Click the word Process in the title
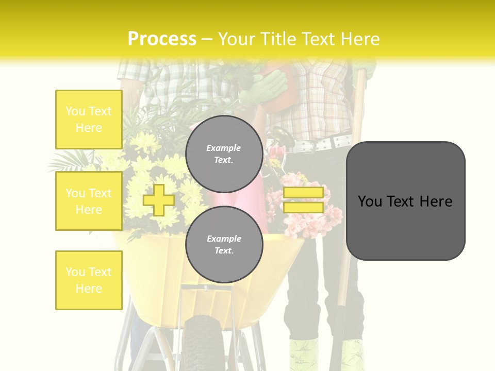[x=162, y=39]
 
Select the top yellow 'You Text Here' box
[x=89, y=120]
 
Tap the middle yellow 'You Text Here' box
[x=89, y=201]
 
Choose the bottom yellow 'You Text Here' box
[x=89, y=280]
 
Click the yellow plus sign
[x=158, y=200]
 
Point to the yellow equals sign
[x=303, y=200]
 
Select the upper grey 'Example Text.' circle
[x=224, y=154]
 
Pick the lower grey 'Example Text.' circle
[x=224, y=244]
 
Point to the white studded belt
[x=325, y=142]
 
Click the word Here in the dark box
[x=436, y=201]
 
